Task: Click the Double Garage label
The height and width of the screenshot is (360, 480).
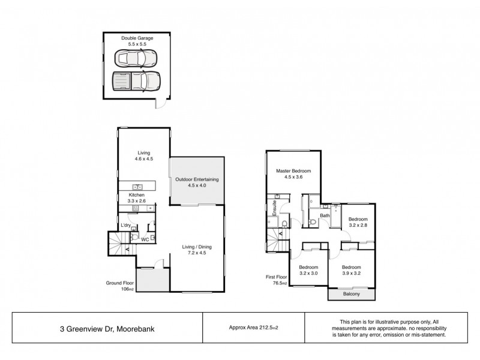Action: click(x=137, y=41)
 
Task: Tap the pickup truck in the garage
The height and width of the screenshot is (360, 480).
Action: click(x=137, y=80)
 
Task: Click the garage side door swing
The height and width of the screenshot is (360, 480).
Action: click(x=161, y=104)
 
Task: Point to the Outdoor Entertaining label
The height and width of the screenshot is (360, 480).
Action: click(x=197, y=182)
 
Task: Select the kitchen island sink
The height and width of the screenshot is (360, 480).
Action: click(x=137, y=187)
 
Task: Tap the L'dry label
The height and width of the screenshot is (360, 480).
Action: click(x=126, y=226)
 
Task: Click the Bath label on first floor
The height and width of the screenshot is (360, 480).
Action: click(x=325, y=215)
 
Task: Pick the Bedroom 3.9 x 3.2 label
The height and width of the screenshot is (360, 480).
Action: click(x=352, y=270)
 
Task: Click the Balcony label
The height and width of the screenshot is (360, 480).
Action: click(x=352, y=295)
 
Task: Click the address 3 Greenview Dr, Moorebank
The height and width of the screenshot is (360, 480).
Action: click(x=106, y=328)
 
